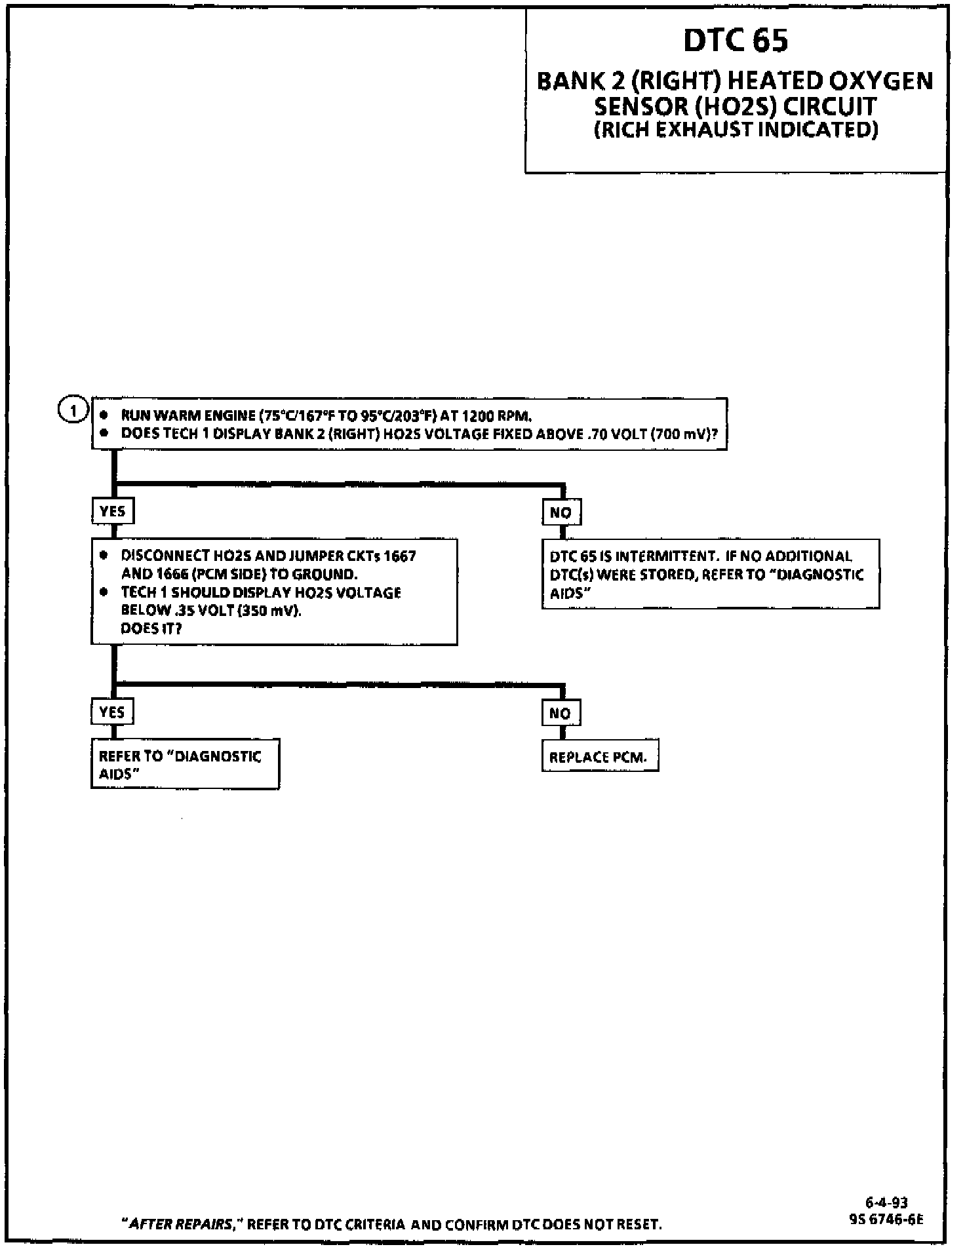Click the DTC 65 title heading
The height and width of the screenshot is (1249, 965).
tap(736, 41)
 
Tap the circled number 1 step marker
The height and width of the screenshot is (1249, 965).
tap(71, 411)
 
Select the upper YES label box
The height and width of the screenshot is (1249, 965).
tap(112, 512)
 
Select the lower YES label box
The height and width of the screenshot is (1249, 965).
tap(112, 712)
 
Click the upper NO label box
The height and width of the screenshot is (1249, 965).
tap(561, 512)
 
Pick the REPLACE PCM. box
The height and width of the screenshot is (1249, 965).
tap(599, 758)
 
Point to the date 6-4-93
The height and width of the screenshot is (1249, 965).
tap(886, 1202)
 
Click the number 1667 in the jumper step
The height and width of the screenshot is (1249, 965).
tap(399, 556)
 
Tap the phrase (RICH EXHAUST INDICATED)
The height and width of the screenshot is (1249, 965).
tap(736, 130)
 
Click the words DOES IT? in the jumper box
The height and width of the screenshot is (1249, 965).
tap(151, 628)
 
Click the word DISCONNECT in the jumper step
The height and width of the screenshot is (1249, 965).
tap(167, 556)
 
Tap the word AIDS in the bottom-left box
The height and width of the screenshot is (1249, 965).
tap(119, 774)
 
